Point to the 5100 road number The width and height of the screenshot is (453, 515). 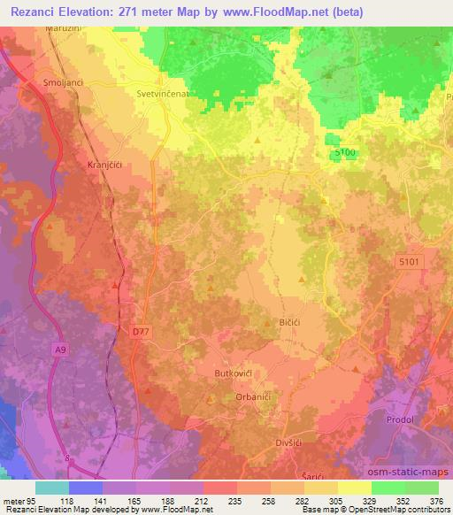(x=347, y=153)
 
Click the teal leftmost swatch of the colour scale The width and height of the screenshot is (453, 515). (x=51, y=488)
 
